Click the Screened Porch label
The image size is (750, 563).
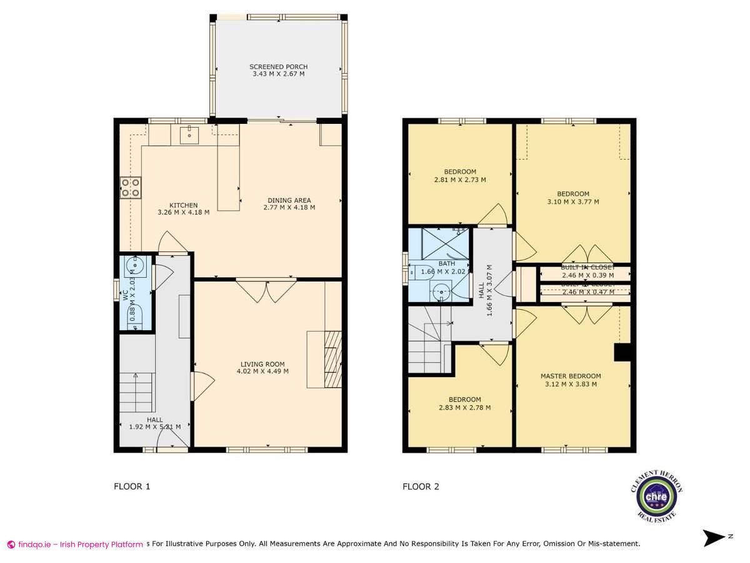point(278,67)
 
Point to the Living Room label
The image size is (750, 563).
point(262,363)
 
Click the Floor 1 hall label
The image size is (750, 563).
point(154,420)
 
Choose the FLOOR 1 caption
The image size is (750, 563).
point(132,486)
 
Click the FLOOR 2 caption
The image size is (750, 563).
point(421,486)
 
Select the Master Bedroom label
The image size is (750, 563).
point(570,376)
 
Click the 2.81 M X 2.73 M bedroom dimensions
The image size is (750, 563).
point(460,180)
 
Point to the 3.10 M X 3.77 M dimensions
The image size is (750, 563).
point(573,201)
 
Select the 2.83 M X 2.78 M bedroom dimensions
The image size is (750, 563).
point(464,408)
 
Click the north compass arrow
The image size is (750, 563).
point(714,537)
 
